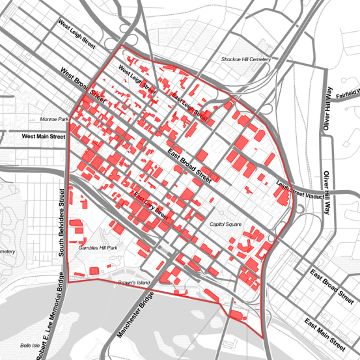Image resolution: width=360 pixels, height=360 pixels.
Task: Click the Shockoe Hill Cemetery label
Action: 245,59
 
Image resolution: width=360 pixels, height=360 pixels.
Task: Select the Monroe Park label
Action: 54,120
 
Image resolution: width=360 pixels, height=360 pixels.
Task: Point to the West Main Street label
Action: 44,137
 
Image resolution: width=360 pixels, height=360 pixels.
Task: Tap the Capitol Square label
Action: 225,224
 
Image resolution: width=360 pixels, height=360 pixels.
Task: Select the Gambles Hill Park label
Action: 98,248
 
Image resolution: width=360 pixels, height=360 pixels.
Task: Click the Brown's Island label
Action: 135,283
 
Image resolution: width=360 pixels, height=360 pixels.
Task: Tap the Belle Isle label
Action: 31,346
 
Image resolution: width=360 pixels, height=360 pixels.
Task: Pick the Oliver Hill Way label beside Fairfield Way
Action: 329,109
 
